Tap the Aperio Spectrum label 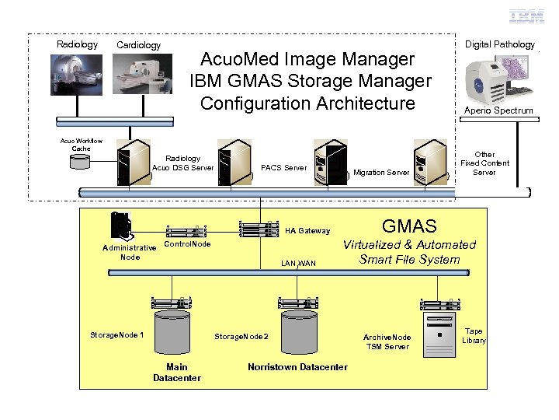tap(498, 110)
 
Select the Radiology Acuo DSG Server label tap(182, 163)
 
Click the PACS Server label tap(283, 167)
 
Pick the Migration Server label tap(381, 172)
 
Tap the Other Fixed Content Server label tap(484, 163)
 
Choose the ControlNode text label tap(188, 244)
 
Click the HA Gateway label tap(307, 230)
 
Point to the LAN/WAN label tap(299, 264)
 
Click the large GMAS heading tap(409, 226)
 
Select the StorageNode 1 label tap(116, 334)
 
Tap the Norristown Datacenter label tap(297, 366)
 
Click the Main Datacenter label tap(176, 372)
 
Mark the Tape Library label tap(474, 335)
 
